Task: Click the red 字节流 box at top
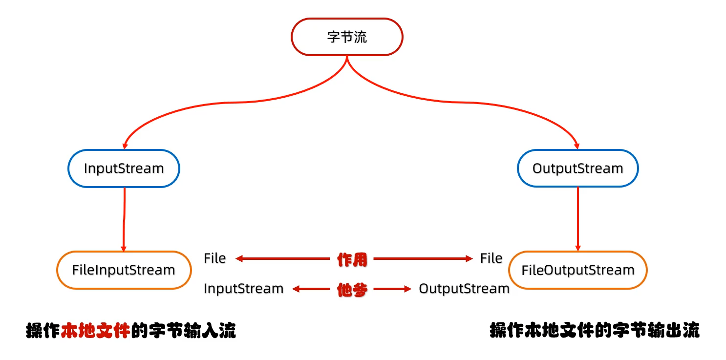(x=347, y=37)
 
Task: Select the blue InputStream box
(x=124, y=169)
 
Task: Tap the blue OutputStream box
(x=577, y=169)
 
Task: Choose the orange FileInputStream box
(x=124, y=270)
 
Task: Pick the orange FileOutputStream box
(x=577, y=270)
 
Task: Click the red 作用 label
(x=352, y=259)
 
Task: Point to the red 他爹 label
(x=352, y=290)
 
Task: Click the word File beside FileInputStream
(x=215, y=258)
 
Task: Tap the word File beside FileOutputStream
(x=491, y=258)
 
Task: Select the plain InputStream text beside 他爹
(x=243, y=289)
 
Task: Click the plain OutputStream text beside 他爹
(x=464, y=289)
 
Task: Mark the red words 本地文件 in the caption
(x=96, y=331)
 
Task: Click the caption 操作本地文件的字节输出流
(x=595, y=331)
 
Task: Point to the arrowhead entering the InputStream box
(x=125, y=146)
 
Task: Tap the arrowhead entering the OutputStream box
(x=577, y=146)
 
